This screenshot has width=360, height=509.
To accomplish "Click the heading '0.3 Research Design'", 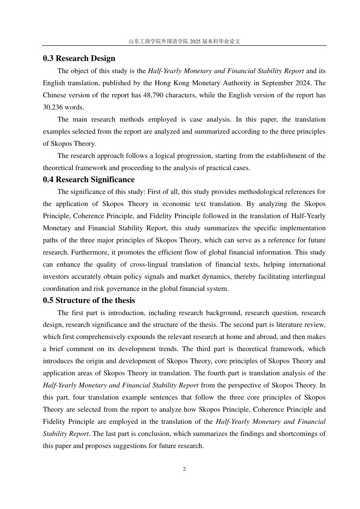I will click(79, 58).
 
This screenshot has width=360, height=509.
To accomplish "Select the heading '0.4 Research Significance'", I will click(88, 180).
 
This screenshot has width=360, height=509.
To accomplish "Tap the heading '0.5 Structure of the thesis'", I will click(89, 300).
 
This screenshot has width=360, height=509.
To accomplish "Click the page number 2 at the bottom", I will click(184, 469).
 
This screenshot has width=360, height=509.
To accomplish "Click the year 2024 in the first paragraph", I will click(305, 83).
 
